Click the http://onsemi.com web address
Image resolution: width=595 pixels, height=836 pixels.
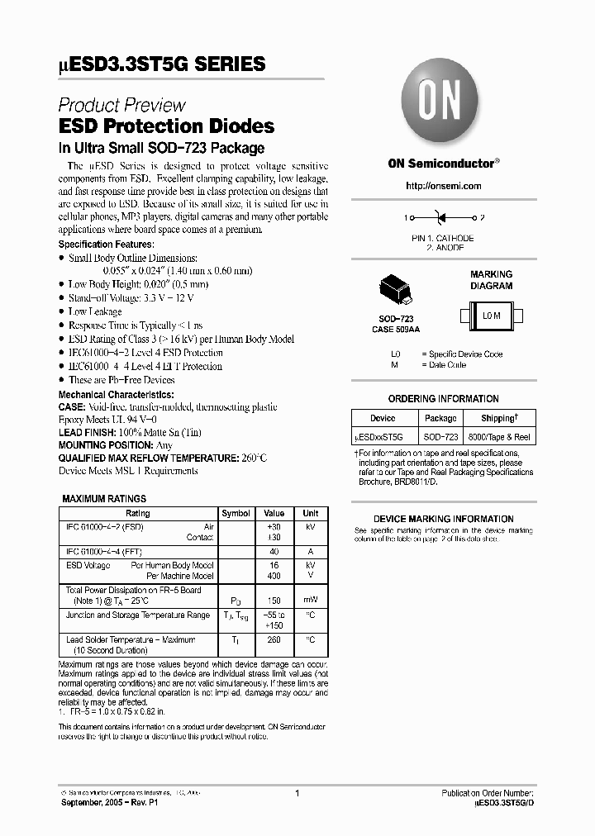coord(444,186)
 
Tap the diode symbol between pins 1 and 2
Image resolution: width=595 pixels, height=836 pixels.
coord(441,218)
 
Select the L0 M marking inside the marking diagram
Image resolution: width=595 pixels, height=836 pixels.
coord(492,316)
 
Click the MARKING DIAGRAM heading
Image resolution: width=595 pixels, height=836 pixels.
coord(492,280)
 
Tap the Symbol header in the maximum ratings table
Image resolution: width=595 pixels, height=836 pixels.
coord(236,513)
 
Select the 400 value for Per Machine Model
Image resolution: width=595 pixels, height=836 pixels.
coord(274,576)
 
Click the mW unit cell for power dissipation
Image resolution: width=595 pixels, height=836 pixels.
coord(310,601)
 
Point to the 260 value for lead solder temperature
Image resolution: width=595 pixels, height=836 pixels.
coord(274,639)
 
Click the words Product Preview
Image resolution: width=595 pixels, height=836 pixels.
coord(121,105)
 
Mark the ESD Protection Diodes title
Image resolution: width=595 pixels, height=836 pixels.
coord(166,126)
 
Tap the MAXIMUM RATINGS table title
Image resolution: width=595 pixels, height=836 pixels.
coord(105,499)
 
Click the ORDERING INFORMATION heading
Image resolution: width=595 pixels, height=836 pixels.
coord(444,399)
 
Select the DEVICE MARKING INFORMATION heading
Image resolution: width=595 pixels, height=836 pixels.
coord(444,519)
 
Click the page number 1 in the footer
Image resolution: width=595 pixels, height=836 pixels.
coord(297,793)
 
